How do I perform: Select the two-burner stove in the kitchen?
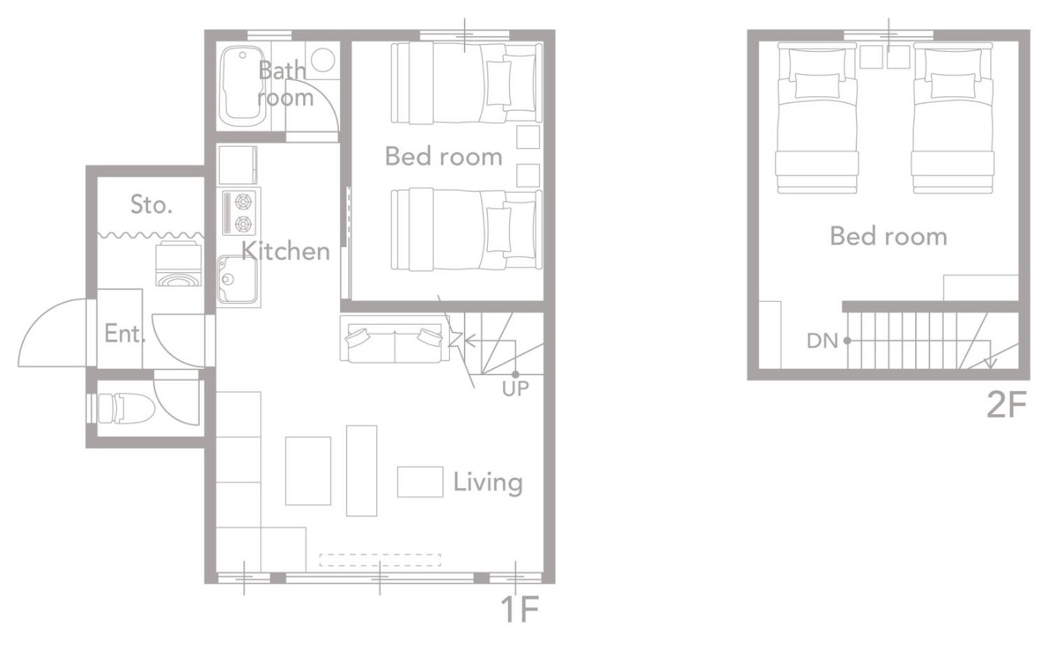coord(239,213)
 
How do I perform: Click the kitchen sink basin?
coord(237,280)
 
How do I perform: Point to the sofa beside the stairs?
coord(394,339)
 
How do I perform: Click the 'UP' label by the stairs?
coord(515,389)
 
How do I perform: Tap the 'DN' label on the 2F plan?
coord(822,341)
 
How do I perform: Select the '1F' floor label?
coord(520,609)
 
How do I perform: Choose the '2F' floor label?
coord(1006,405)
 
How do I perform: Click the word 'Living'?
coord(488,482)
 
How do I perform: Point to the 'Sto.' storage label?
coord(151,204)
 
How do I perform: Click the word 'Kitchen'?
coord(285,251)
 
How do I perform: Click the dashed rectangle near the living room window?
coord(380,560)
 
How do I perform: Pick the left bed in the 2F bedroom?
coord(817,117)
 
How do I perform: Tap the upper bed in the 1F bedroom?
coord(467,84)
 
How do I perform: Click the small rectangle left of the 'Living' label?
coord(420,482)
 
